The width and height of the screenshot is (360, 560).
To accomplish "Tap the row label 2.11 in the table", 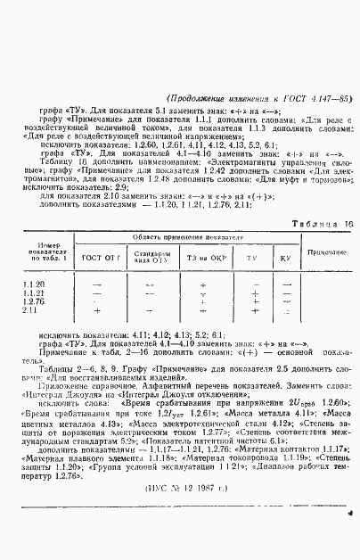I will pos(30,310).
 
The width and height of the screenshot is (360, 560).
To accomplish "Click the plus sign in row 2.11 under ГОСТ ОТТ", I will pos(97,310).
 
